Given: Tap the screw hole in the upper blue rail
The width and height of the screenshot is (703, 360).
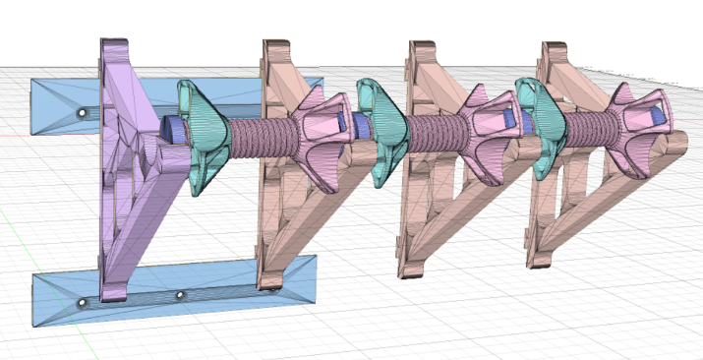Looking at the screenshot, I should [x=82, y=114].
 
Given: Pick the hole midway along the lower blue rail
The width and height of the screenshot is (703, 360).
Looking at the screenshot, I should [x=179, y=294].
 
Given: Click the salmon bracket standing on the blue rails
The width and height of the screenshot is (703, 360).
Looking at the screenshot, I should [x=280, y=197].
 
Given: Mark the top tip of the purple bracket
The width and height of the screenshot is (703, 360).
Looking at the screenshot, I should [x=113, y=45].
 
